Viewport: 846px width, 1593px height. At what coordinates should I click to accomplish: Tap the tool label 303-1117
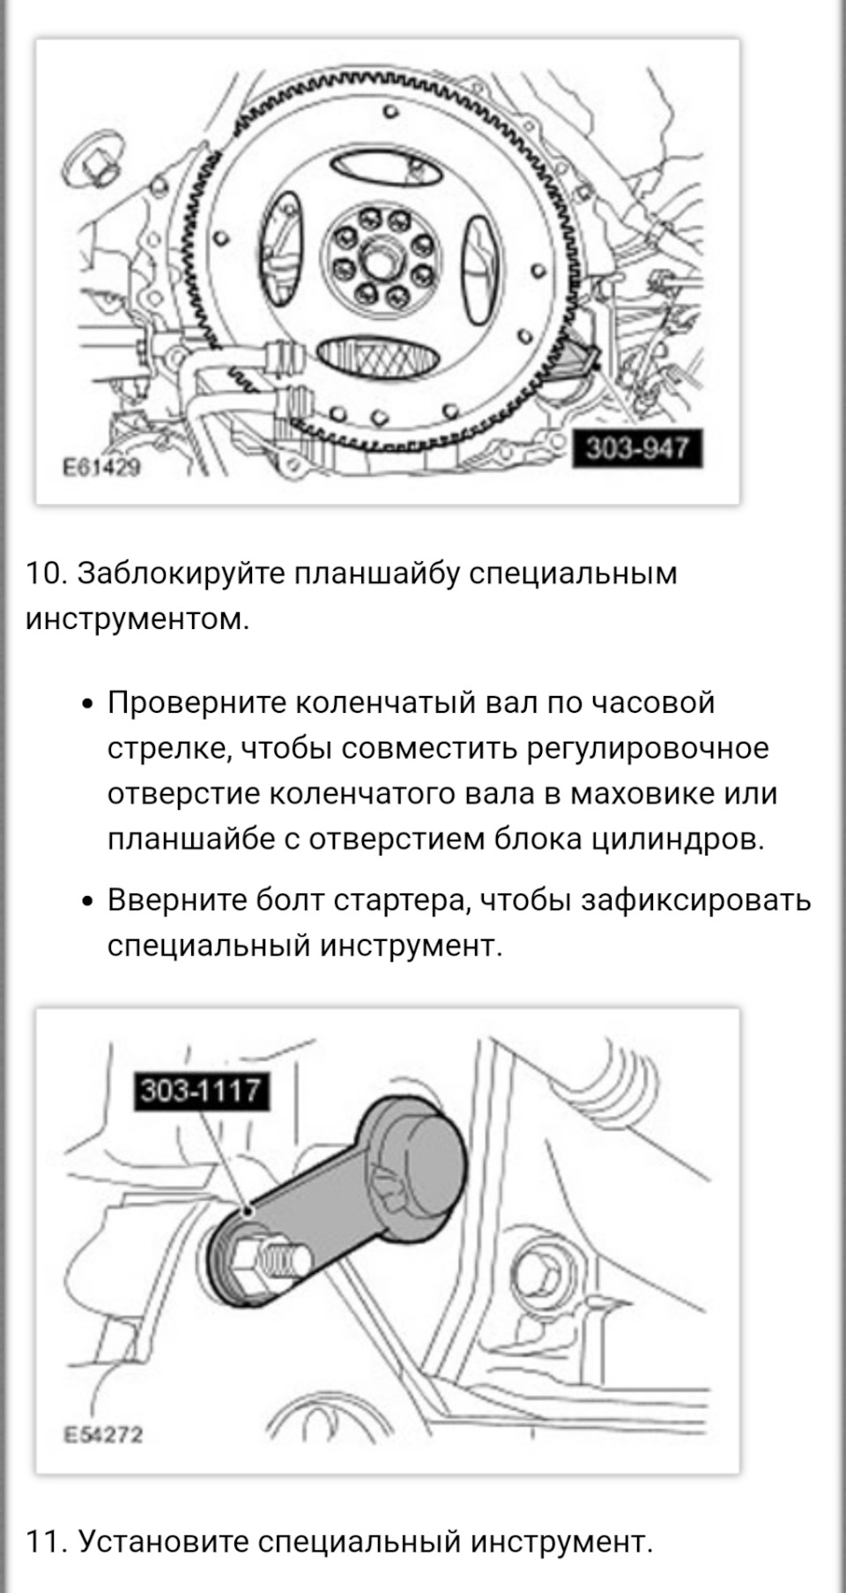201,1091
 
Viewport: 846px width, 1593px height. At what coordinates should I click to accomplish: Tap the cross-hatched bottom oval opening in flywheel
377,356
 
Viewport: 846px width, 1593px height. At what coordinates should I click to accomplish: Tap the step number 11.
46,1542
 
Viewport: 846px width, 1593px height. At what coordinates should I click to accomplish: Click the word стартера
402,900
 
